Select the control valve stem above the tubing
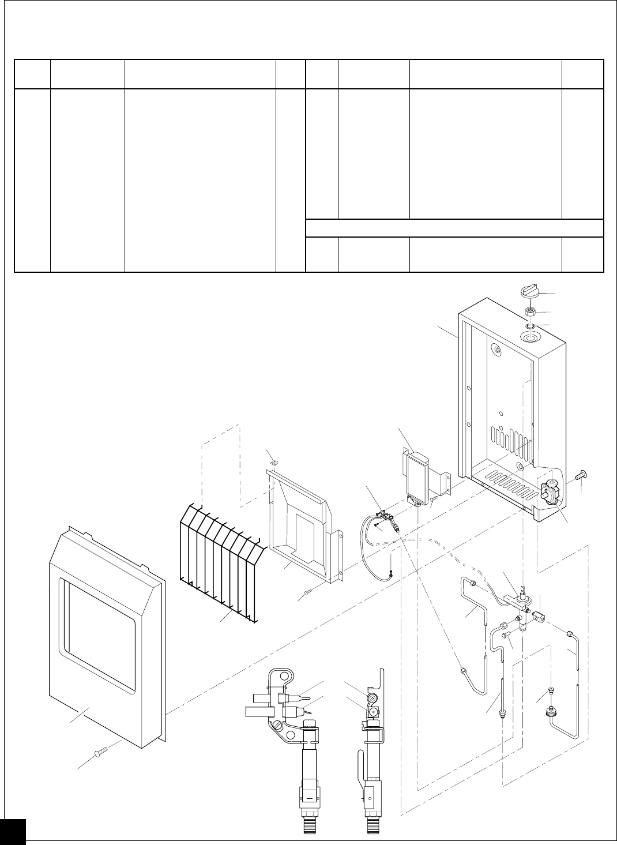[523, 591]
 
